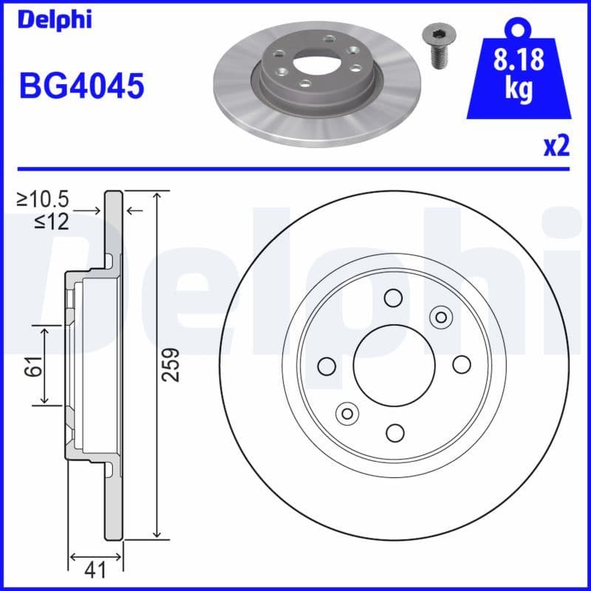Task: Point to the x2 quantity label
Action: click(x=556, y=147)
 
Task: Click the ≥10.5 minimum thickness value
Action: click(x=43, y=199)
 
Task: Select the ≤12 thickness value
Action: click(x=51, y=221)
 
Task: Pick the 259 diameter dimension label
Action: click(x=171, y=364)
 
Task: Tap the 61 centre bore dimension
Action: click(x=32, y=364)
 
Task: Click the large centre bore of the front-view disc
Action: click(x=392, y=364)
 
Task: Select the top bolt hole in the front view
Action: click(x=392, y=298)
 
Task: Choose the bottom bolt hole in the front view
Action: click(x=394, y=432)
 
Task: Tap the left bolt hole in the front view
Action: click(x=326, y=365)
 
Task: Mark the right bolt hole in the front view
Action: click(x=461, y=364)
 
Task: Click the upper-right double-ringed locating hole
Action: click(x=441, y=317)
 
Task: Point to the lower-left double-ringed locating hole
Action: click(x=346, y=412)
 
